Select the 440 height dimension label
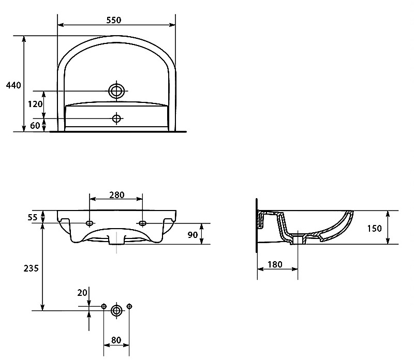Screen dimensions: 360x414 click(x=13, y=85)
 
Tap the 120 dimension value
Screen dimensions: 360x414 click(x=35, y=104)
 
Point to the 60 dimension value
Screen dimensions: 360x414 click(x=35, y=125)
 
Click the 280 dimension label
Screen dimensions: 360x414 click(x=116, y=195)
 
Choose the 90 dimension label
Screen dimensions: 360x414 click(x=193, y=235)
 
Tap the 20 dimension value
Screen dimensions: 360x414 click(x=82, y=292)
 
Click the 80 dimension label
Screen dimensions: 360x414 click(x=116, y=340)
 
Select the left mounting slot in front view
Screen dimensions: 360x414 click(x=90, y=223)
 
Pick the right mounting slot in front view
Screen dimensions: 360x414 click(x=143, y=223)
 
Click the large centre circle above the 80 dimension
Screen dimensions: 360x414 click(x=116, y=310)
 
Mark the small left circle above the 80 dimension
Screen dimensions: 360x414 click(x=104, y=307)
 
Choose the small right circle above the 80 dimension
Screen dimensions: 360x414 click(x=129, y=307)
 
